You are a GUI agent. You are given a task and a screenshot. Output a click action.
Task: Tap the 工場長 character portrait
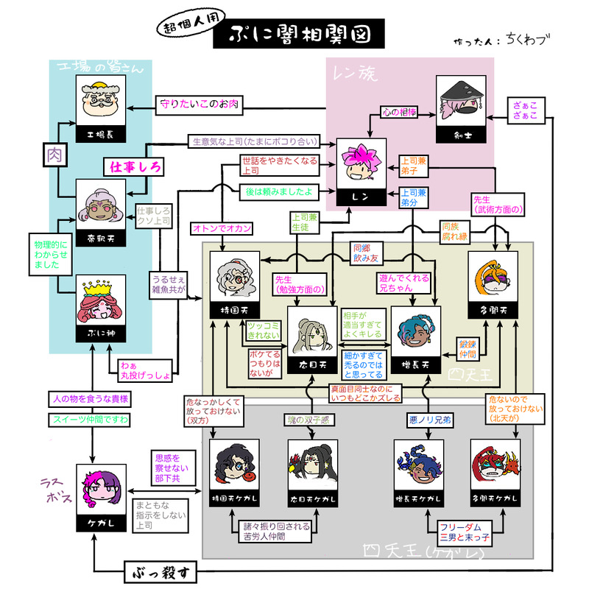(x=100, y=103)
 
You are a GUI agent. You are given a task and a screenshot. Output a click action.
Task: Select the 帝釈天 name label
(x=100, y=239)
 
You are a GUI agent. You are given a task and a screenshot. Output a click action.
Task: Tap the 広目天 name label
(x=311, y=364)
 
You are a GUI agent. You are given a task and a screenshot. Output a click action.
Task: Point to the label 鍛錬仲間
(x=469, y=349)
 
